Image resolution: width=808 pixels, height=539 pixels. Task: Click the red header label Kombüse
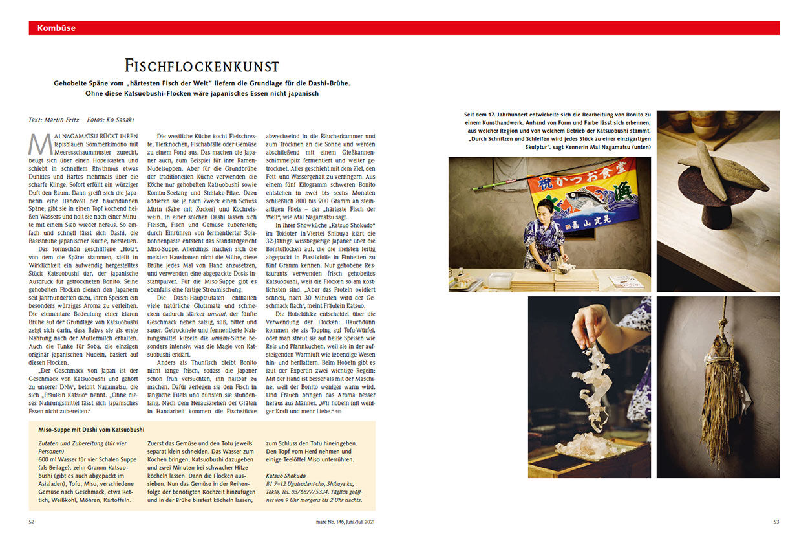click(x=56, y=28)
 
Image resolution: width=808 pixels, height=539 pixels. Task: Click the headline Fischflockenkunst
click(x=202, y=66)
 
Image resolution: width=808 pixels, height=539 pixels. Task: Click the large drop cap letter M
click(x=39, y=144)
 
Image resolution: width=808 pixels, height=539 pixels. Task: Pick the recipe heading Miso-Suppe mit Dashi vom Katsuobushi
click(x=91, y=429)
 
